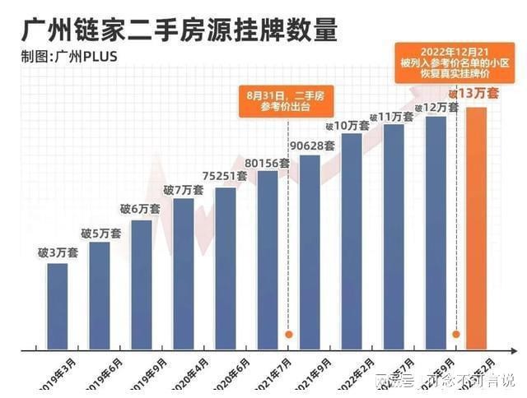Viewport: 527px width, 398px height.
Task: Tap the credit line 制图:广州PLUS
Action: click(x=69, y=57)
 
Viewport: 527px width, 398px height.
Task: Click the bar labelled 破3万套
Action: click(x=58, y=304)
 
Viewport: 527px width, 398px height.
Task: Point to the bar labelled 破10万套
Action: click(x=352, y=238)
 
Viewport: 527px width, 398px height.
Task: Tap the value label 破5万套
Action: click(x=100, y=234)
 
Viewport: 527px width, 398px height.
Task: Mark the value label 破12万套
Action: click(x=436, y=108)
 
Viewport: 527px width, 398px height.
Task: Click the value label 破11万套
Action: click(x=394, y=117)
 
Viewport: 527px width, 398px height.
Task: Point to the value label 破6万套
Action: click(x=142, y=211)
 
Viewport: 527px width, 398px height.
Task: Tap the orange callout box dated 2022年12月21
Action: click(x=446, y=62)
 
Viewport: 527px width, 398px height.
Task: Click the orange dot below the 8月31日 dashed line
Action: click(x=289, y=335)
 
